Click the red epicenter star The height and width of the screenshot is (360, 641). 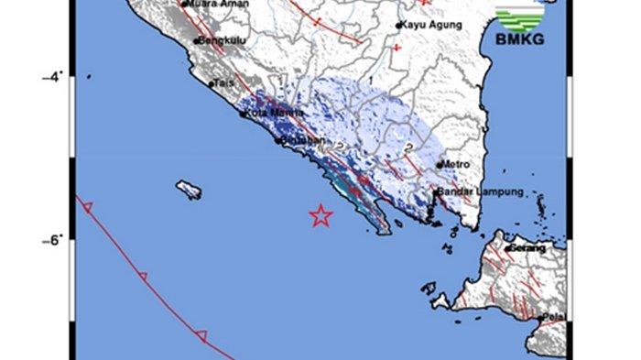[x=320, y=215]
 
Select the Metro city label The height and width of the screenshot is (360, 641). [x=456, y=164]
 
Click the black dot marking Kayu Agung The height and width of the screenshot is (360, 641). [x=399, y=26]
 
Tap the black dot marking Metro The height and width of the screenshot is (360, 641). [x=439, y=165]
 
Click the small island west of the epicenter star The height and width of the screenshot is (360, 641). [x=190, y=189]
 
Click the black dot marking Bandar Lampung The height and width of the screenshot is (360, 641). [x=437, y=193]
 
